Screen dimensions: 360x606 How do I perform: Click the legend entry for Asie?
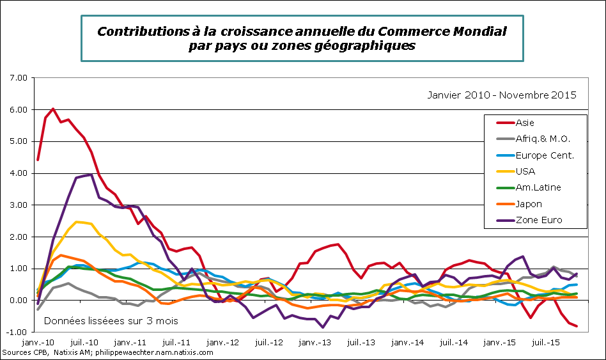point(524,123)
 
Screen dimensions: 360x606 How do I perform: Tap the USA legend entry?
point(524,171)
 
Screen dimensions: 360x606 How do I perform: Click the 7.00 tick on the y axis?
point(20,78)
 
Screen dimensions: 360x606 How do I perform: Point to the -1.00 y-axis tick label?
point(19,333)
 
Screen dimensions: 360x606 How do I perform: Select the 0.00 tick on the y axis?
point(20,301)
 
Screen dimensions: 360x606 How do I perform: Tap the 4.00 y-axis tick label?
point(20,173)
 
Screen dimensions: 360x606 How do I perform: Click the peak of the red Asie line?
point(53,109)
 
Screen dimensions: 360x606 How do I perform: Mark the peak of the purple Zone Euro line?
point(92,175)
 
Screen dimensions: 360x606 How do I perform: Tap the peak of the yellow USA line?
point(77,222)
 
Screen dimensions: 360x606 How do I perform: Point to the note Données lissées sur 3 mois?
point(111,320)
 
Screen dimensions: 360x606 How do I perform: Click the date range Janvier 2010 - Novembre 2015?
point(502,95)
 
